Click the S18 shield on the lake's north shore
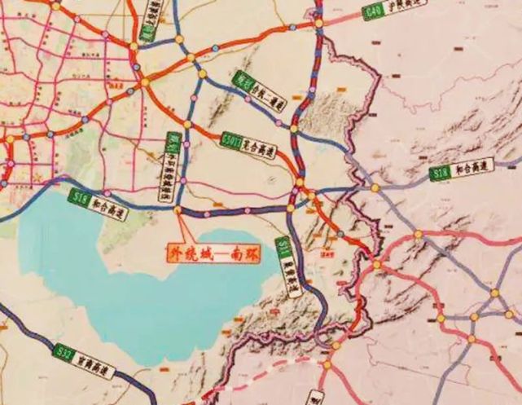point(81,196)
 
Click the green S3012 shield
point(231,144)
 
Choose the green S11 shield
point(283,247)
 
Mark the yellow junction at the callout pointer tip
point(178,209)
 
